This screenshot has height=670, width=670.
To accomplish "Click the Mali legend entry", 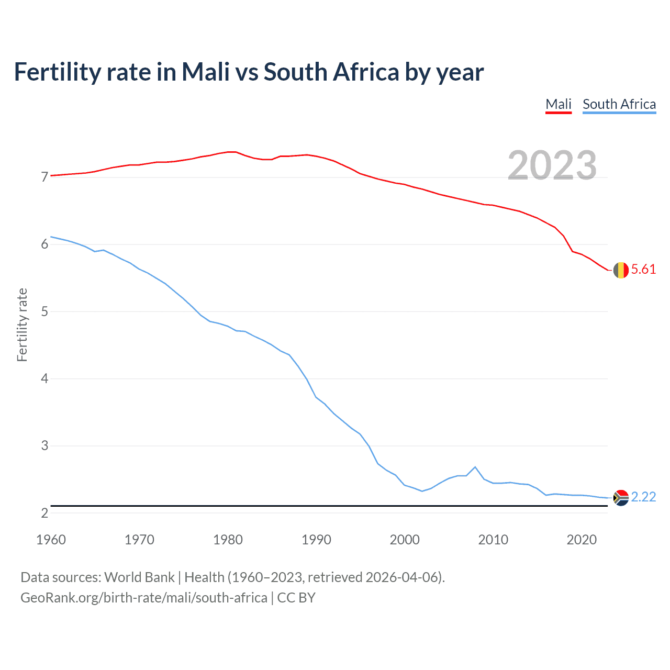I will tap(558, 104).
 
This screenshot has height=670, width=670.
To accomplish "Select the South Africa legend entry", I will tap(619, 104).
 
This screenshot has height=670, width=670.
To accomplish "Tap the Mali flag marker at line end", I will tap(621, 270).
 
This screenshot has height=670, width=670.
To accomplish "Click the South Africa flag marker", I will tap(621, 497).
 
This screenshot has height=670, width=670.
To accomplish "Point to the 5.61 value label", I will tap(643, 270).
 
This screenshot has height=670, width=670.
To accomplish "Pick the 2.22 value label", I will tap(643, 497).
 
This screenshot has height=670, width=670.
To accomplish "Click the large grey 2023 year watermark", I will tap(552, 165).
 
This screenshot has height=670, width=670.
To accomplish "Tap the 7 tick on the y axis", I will tap(44, 177).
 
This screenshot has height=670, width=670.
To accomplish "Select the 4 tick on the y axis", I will tap(44, 378).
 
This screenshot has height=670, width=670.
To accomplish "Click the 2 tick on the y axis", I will tap(44, 513).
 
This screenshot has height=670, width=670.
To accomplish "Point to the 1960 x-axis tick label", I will tap(51, 540).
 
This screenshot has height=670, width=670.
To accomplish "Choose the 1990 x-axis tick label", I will tap(316, 540).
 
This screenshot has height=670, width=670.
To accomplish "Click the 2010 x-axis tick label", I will tap(493, 540).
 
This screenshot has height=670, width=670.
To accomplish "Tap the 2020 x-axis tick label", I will tap(582, 540).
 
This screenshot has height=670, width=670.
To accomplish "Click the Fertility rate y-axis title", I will tap(22, 325).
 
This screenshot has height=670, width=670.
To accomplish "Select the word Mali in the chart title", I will tap(205, 72).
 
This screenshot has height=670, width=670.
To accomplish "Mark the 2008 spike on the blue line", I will tap(475, 467).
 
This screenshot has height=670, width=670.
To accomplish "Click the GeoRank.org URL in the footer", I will tap(143, 598).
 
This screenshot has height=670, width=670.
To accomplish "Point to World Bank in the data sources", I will tap(139, 577).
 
